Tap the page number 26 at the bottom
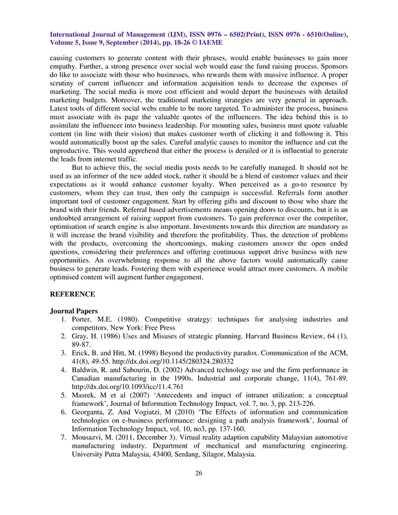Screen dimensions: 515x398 [198, 491]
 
